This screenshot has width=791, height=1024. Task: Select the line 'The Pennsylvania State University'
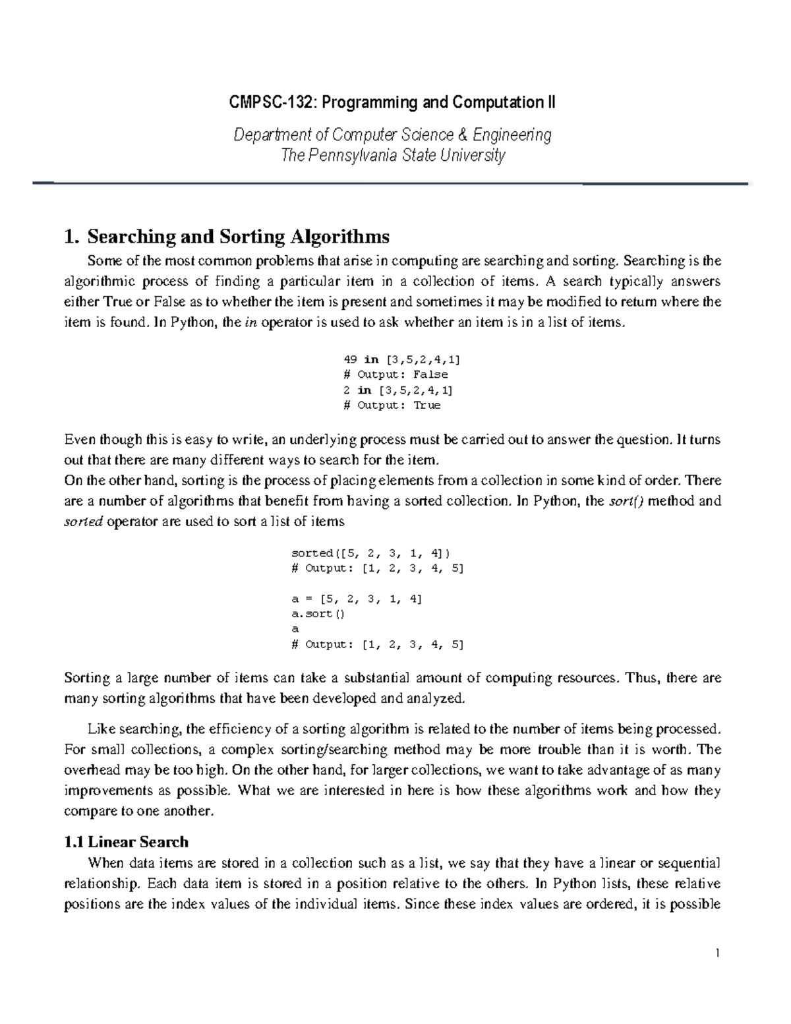tap(393, 156)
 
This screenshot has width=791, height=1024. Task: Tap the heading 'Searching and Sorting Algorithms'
tap(238, 236)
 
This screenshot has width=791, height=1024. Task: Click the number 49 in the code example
tap(350, 359)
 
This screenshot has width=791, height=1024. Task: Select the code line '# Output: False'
tap(395, 375)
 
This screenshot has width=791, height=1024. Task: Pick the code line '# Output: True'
tap(392, 405)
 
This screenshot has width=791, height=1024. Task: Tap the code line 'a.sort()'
tap(318, 614)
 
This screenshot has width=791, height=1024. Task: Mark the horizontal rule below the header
tap(390, 183)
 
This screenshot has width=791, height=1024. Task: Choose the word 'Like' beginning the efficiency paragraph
tap(100, 729)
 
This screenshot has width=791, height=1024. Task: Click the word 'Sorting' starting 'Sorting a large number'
tap(86, 678)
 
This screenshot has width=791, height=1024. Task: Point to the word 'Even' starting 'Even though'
tap(78, 440)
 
